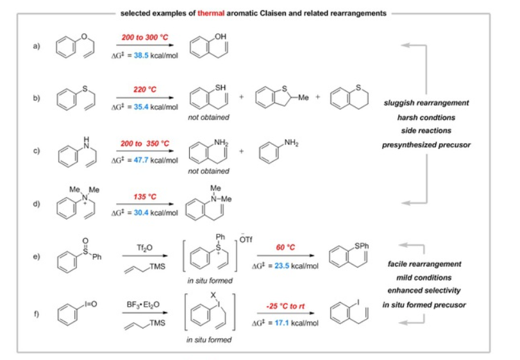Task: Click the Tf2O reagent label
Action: point(140,246)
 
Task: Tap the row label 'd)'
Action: point(37,204)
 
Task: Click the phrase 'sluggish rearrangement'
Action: point(426,103)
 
